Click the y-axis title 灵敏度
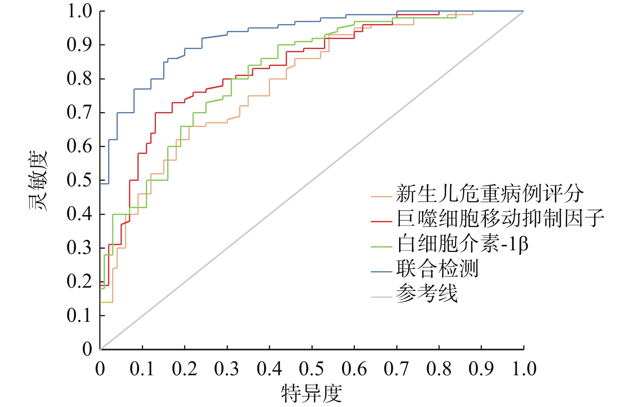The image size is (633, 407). (38, 181)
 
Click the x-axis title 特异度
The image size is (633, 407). (311, 393)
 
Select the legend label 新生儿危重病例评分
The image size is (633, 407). (490, 194)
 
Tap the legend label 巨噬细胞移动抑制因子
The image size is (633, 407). (500, 218)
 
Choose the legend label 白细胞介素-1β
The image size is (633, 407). (462, 243)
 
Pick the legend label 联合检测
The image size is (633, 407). (437, 268)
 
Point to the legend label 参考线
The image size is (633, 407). (427, 294)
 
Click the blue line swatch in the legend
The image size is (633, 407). (381, 272)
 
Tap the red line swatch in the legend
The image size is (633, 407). (381, 221)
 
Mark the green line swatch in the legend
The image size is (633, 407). (381, 247)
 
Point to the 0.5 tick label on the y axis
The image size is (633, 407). (80, 180)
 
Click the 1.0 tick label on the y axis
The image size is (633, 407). (80, 11)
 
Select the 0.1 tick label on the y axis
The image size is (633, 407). (80, 315)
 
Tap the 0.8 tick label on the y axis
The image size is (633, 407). (80, 79)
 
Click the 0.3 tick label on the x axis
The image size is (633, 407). (227, 369)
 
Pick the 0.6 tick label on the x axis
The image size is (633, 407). (354, 369)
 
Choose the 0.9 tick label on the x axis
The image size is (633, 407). (481, 369)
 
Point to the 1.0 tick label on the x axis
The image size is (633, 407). (524, 369)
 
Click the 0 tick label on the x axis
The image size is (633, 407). (100, 369)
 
